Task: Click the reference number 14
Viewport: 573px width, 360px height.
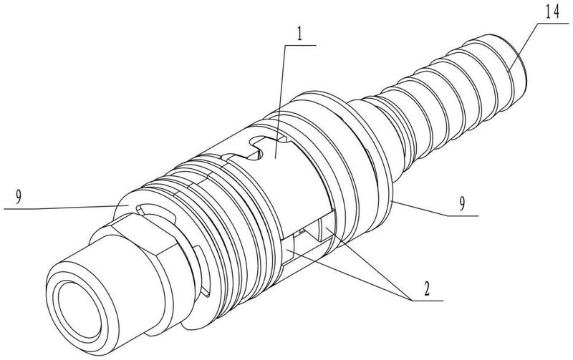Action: (552, 12)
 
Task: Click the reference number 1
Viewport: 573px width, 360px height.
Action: (299, 35)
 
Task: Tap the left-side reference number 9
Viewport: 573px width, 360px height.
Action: (19, 198)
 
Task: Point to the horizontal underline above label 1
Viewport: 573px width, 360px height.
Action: (300, 45)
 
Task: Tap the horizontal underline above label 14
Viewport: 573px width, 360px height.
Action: (553, 23)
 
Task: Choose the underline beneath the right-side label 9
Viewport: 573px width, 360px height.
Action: (463, 215)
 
